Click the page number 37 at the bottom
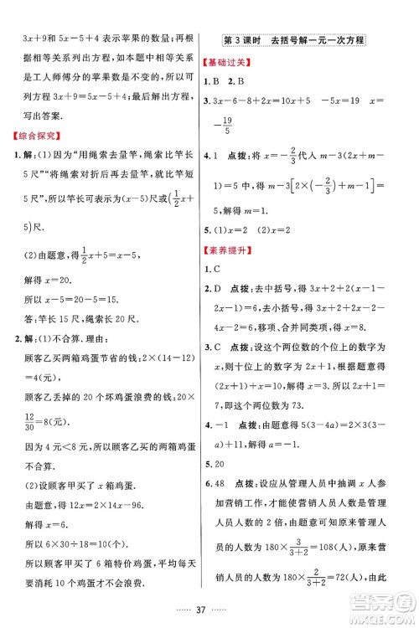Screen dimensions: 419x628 [x=209, y=608]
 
